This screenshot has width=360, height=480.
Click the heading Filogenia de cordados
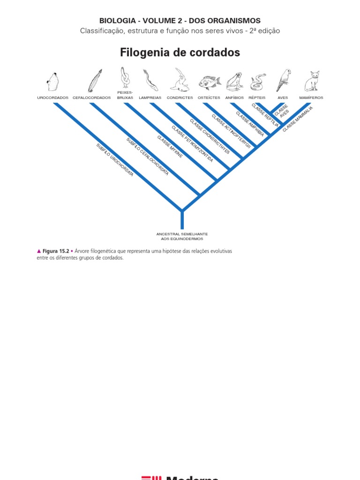tap(180, 52)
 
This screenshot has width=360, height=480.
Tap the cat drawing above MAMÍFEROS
tap(312, 82)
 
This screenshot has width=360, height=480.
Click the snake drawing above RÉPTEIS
tap(257, 82)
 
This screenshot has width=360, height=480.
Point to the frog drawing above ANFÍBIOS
tap(234, 82)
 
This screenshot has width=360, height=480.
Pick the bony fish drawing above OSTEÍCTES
tap(209, 82)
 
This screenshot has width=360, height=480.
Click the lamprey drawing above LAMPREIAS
tap(150, 80)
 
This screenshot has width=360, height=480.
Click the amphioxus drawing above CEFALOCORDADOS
tap(95, 81)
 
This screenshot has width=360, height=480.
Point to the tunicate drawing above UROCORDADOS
tap(53, 82)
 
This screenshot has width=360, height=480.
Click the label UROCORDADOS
tap(53, 98)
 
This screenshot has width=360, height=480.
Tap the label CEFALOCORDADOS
tap(92, 98)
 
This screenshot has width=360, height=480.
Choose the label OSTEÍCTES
tap(209, 98)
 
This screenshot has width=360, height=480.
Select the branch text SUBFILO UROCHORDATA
tap(115, 160)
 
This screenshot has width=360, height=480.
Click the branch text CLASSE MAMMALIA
tap(298, 119)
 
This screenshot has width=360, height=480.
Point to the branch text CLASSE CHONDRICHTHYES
tap(210, 136)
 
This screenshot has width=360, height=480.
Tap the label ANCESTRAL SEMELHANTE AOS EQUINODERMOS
tap(182, 236)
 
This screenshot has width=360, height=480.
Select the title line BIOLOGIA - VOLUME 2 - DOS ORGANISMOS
tap(180, 21)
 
